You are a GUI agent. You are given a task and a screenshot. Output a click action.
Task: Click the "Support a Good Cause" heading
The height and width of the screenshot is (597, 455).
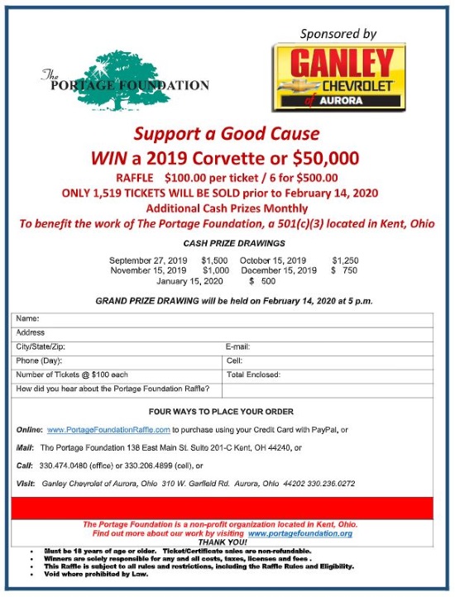click(x=227, y=133)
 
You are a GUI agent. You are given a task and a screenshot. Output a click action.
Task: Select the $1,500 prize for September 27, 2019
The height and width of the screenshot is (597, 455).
click(x=214, y=260)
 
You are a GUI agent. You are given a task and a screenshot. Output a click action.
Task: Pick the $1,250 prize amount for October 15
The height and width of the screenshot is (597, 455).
click(x=345, y=260)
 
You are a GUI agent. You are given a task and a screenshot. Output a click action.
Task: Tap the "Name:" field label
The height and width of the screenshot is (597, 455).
click(x=28, y=318)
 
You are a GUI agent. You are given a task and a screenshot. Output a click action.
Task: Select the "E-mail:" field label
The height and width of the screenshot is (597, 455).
click(x=237, y=346)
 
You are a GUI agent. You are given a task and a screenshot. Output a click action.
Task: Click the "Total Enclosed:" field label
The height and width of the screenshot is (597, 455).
click(x=254, y=375)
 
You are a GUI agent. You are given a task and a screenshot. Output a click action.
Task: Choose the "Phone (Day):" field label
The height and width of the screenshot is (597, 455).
click(x=40, y=361)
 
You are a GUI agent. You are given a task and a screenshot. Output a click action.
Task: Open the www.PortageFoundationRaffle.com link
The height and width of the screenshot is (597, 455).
click(x=108, y=430)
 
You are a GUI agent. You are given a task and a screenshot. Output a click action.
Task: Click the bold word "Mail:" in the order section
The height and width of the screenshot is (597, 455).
click(x=25, y=447)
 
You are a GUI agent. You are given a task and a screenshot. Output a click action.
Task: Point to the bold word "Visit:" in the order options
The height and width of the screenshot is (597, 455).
click(x=25, y=484)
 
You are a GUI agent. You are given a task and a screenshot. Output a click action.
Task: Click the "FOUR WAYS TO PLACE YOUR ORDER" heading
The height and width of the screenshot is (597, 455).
click(x=221, y=411)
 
